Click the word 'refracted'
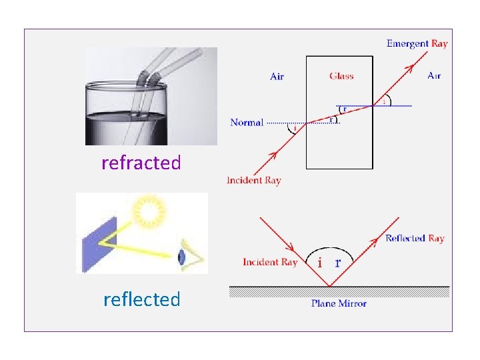pyautogui.click(x=141, y=163)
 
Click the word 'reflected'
pyautogui.click(x=141, y=299)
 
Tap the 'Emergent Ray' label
pyautogui.click(x=417, y=44)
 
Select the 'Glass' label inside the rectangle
pyautogui.click(x=341, y=76)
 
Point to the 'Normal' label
pyautogui.click(x=247, y=123)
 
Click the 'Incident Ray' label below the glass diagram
pyautogui.click(x=254, y=181)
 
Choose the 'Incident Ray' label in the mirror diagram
pyautogui.click(x=269, y=262)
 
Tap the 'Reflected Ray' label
pyautogui.click(x=415, y=239)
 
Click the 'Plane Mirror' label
pyautogui.click(x=339, y=304)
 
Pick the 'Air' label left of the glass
pyautogui.click(x=277, y=77)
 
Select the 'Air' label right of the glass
pyautogui.click(x=434, y=76)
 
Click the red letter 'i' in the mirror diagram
pyautogui.click(x=320, y=263)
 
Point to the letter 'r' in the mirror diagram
pyautogui.click(x=337, y=262)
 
